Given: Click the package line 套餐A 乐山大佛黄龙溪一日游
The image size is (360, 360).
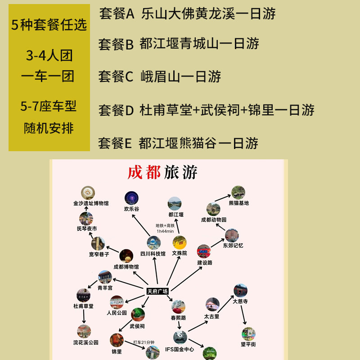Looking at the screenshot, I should [187, 13].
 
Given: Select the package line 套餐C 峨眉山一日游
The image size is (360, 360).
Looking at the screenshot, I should [160, 77].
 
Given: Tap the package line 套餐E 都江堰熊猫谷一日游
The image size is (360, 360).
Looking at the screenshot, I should [178, 143].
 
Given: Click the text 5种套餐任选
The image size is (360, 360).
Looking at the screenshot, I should [49, 25].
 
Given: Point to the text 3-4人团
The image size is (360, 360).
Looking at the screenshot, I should [49, 56].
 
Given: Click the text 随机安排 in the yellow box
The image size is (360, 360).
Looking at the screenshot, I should [49, 129].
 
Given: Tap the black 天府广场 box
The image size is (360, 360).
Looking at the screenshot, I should [157, 291].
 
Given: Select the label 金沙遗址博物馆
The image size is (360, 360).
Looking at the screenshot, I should [91, 203].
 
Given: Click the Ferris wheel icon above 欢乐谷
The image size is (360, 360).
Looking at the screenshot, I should [131, 198].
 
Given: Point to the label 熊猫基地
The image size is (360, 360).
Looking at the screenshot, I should [238, 203].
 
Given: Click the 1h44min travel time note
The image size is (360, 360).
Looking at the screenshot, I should [165, 231].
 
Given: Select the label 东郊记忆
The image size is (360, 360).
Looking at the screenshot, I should [233, 245].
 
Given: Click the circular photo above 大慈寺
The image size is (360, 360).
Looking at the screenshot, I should [240, 290].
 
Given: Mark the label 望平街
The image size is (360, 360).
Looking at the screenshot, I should [248, 345].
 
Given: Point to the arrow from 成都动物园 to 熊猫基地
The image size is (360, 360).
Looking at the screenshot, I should [221, 199].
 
